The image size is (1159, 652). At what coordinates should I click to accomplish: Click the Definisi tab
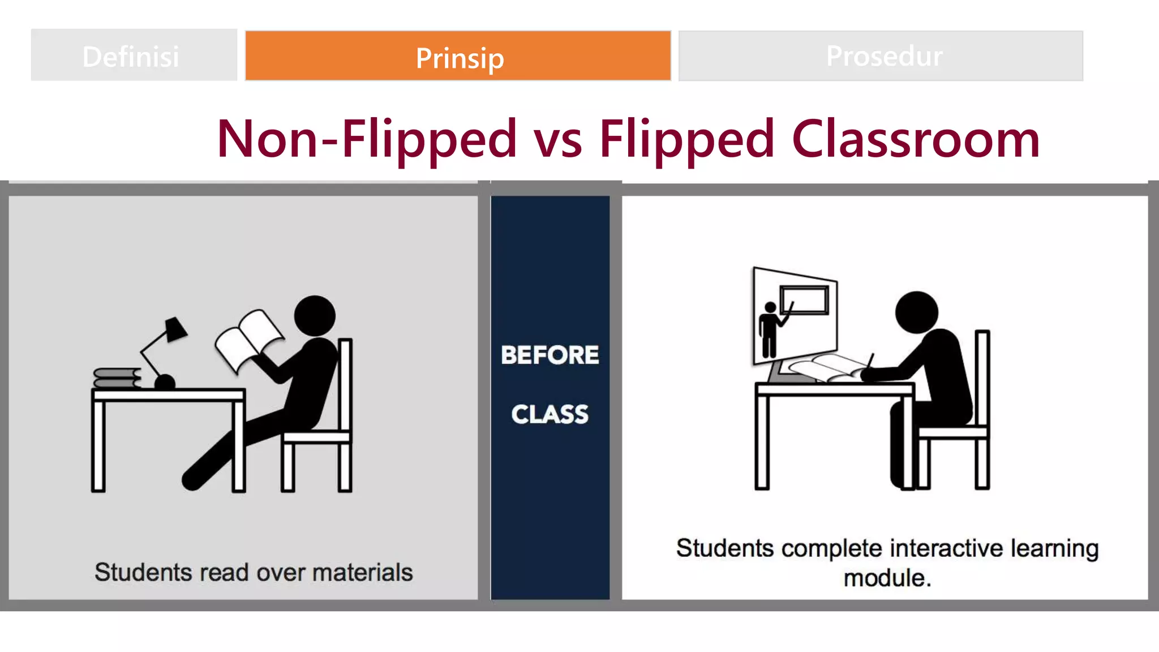tap(134, 55)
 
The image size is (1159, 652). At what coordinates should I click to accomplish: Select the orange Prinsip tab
tap(458, 56)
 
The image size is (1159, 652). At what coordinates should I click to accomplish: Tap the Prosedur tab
tap(881, 55)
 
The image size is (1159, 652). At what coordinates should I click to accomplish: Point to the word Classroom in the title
tap(915, 139)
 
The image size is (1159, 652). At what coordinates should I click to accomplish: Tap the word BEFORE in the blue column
tap(550, 355)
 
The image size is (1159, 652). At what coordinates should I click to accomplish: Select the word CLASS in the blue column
tap(550, 414)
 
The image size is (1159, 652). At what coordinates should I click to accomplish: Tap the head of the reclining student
tap(315, 316)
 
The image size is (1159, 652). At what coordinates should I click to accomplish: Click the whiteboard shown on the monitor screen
tap(804, 299)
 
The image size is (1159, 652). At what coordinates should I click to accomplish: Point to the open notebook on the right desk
tap(826, 368)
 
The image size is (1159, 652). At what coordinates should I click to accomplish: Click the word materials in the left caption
tap(362, 572)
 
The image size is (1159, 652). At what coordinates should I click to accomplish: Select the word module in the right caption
tap(884, 578)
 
